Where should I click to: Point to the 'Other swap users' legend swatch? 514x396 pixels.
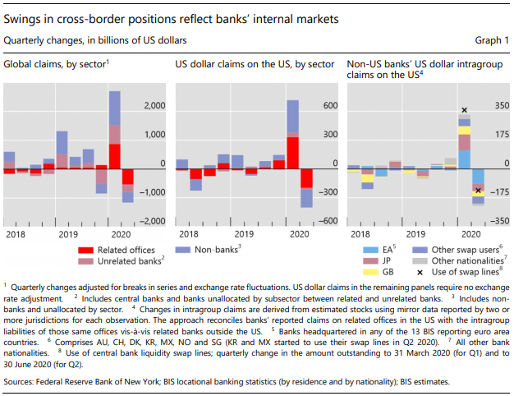[425, 249]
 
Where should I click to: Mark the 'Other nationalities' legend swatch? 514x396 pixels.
[425, 260]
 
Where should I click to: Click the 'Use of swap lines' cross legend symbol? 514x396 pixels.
[425, 272]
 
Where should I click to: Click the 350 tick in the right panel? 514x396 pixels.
[498, 107]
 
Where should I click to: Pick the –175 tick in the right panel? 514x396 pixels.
[496, 193]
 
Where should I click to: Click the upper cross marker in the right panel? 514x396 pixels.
[465, 110]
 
